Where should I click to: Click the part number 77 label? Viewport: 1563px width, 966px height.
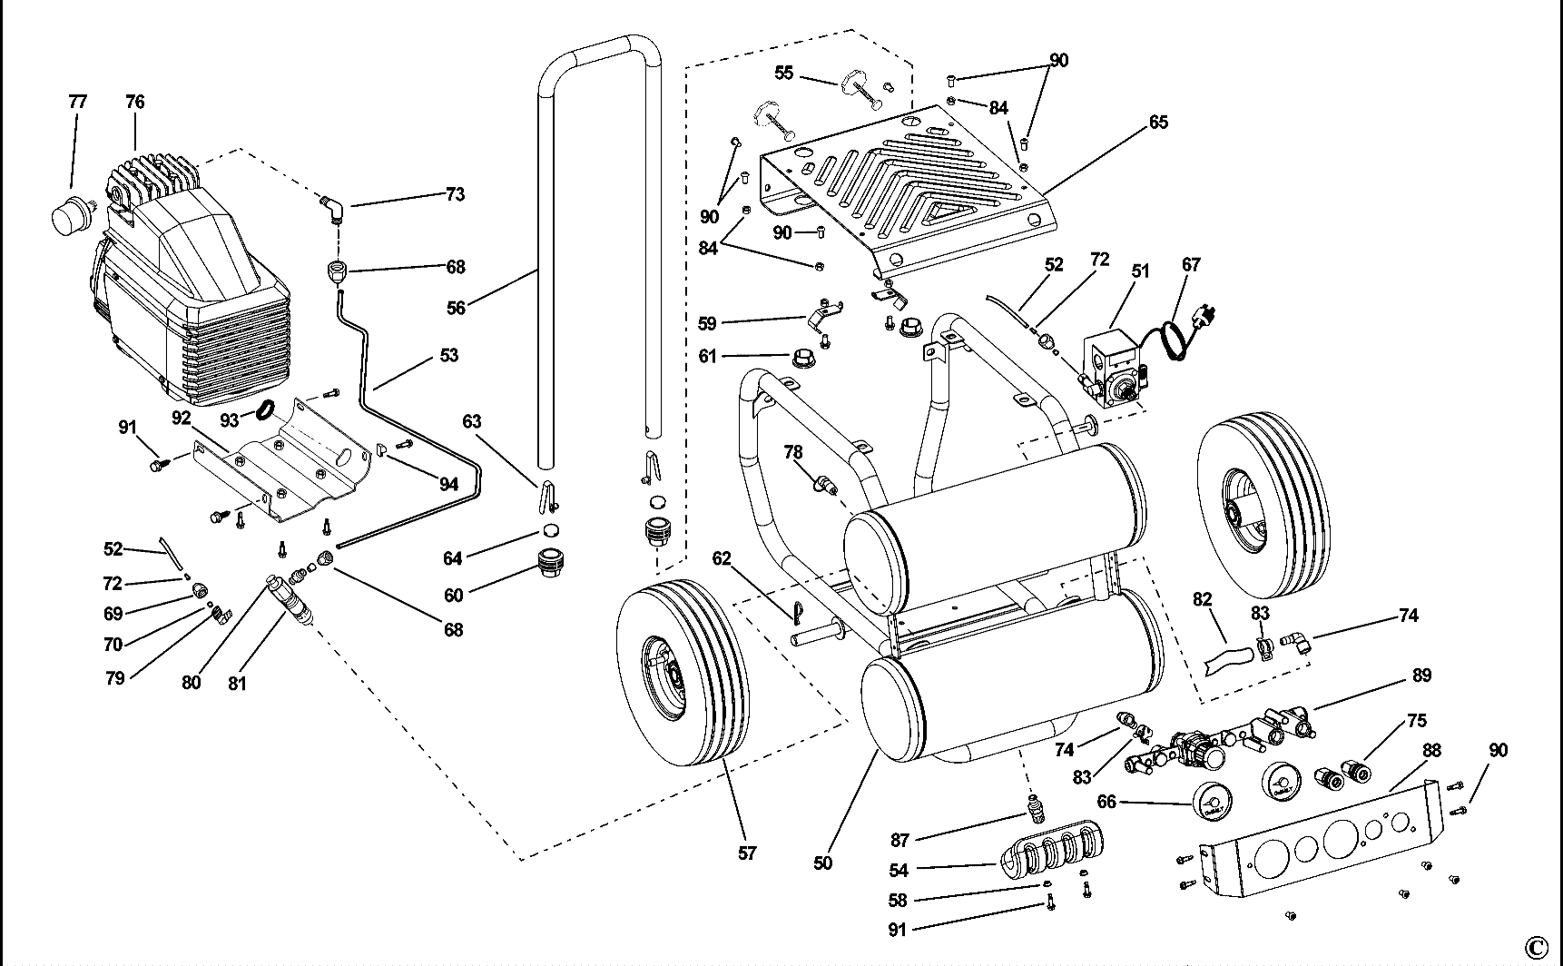[x=78, y=102]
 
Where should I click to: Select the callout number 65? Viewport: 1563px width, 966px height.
[x=1158, y=122]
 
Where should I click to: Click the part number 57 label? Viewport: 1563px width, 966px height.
[x=747, y=853]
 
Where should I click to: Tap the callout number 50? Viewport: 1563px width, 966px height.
[x=822, y=863]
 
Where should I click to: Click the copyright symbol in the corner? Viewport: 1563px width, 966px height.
[x=1536, y=947]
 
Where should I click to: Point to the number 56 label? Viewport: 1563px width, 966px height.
[x=456, y=309]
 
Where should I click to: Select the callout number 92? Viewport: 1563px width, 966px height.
[x=182, y=418]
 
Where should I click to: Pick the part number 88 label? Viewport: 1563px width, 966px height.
[x=1432, y=752]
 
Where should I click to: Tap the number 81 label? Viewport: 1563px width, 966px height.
[x=237, y=684]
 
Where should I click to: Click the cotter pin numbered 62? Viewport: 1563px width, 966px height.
[x=797, y=616]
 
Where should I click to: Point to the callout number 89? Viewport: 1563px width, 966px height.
[x=1421, y=675]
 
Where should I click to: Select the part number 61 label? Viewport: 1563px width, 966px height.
[x=708, y=356]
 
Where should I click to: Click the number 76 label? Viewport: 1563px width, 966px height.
[x=134, y=102]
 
